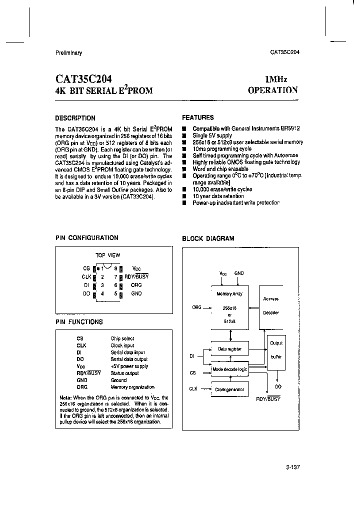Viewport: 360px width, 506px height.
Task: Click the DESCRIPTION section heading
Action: coord(75,118)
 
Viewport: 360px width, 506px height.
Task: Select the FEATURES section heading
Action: coord(197,118)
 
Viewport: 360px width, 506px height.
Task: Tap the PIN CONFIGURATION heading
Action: coord(86,238)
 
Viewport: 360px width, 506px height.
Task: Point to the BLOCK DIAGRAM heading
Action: coord(208,238)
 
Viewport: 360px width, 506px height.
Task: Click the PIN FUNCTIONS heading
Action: coord(79,322)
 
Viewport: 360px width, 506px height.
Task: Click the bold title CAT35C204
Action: coord(83,79)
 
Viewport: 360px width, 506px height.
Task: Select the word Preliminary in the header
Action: coord(68,53)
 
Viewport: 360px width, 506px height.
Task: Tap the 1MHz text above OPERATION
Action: coord(276,79)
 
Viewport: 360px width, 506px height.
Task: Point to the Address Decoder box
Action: coord(270,305)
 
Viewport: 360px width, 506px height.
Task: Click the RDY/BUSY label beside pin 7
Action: coord(136,276)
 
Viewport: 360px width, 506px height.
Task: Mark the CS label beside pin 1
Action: coord(86,268)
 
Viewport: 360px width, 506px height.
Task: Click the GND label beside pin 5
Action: coord(136,293)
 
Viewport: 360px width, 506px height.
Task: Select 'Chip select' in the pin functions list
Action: coord(122,338)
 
